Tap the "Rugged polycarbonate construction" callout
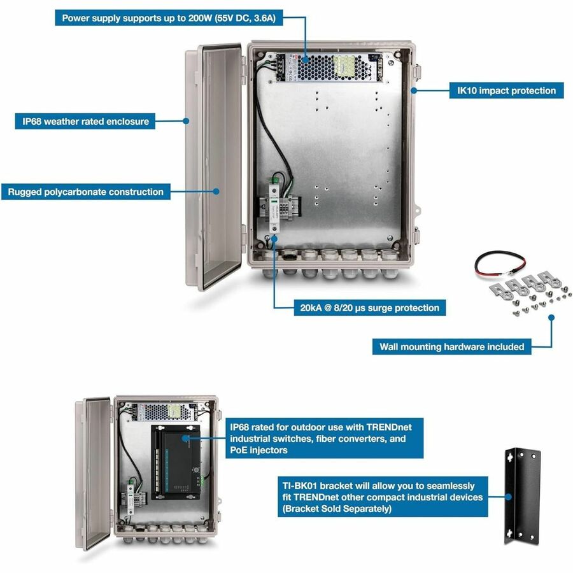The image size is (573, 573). (x=85, y=192)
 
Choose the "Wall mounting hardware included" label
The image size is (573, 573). (x=451, y=347)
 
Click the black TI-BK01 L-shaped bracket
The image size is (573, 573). (x=522, y=496)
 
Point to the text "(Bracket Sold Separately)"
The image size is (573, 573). (x=337, y=509)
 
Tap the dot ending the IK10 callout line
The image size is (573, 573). (x=413, y=90)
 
